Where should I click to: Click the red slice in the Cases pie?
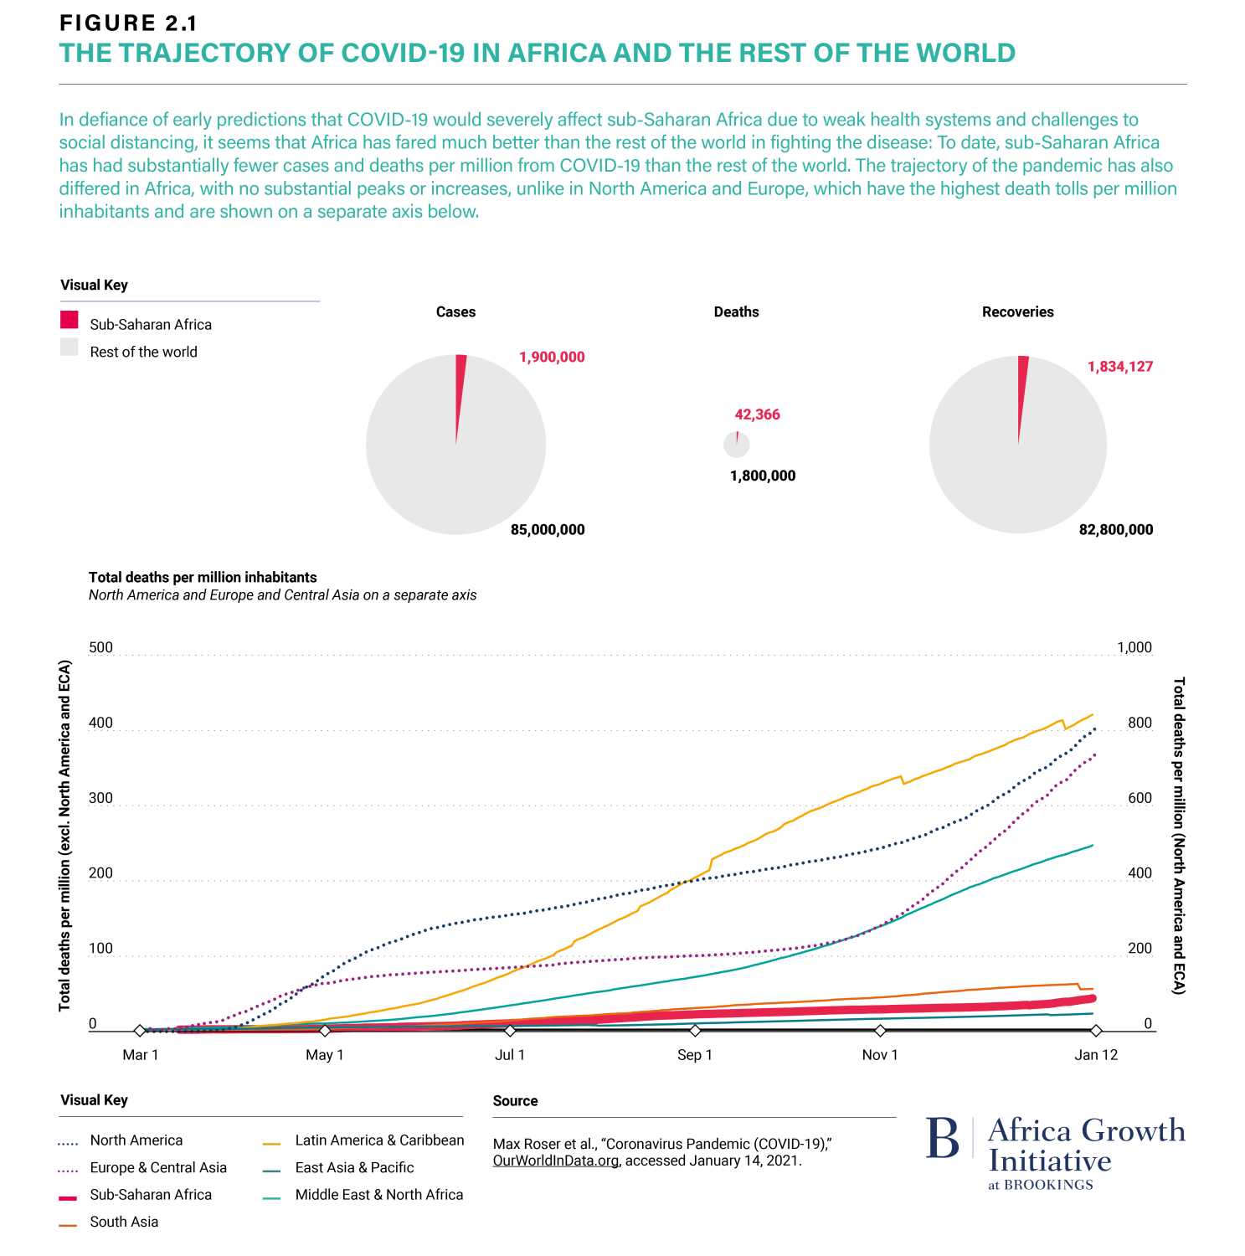pos(460,385)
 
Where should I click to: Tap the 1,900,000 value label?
pos(552,358)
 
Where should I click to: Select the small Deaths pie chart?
pos(736,445)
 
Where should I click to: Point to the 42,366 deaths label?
pos(757,414)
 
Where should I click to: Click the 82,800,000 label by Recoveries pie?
pos(1115,530)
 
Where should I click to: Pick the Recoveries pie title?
pos(1017,312)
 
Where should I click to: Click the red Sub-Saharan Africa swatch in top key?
pos(69,320)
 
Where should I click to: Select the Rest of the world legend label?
pos(143,353)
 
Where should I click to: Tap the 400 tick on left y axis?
pos(100,723)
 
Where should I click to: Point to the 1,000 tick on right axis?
pos(1134,648)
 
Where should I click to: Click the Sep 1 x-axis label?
pos(694,1055)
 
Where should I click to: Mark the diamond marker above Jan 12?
pos(1096,1031)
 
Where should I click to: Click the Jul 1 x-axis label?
pos(509,1055)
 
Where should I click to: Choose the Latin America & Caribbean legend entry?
pos(378,1140)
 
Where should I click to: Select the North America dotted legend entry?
pos(136,1140)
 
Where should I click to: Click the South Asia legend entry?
pos(124,1223)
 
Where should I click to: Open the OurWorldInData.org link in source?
pos(556,1161)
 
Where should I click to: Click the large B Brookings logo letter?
pos(943,1140)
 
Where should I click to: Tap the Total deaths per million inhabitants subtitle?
pos(203,578)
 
